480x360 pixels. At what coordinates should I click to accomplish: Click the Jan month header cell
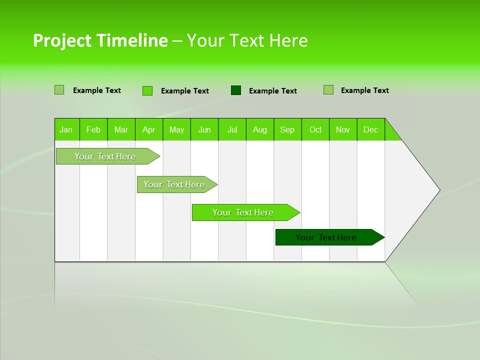(x=66, y=129)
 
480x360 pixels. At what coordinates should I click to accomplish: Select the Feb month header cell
(x=93, y=129)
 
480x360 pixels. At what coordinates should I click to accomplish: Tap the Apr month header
(x=149, y=129)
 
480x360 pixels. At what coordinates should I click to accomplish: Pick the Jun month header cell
(x=204, y=129)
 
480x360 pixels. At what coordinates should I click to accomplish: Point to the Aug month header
(x=260, y=129)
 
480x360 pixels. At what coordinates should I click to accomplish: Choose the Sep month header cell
(x=287, y=129)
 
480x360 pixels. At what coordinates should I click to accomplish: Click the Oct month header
(x=315, y=129)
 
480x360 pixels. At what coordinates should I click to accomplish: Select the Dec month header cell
(x=371, y=129)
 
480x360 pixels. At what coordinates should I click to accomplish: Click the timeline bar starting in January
(x=105, y=156)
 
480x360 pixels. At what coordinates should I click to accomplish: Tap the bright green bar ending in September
(x=243, y=212)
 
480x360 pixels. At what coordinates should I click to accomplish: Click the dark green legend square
(x=236, y=90)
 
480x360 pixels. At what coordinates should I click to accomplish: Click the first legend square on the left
(x=59, y=90)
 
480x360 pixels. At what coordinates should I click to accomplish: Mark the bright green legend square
(x=147, y=90)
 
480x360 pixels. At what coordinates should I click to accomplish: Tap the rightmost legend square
(x=328, y=90)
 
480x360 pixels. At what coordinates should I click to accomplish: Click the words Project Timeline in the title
(x=100, y=40)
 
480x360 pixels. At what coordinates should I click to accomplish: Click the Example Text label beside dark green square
(x=272, y=91)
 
